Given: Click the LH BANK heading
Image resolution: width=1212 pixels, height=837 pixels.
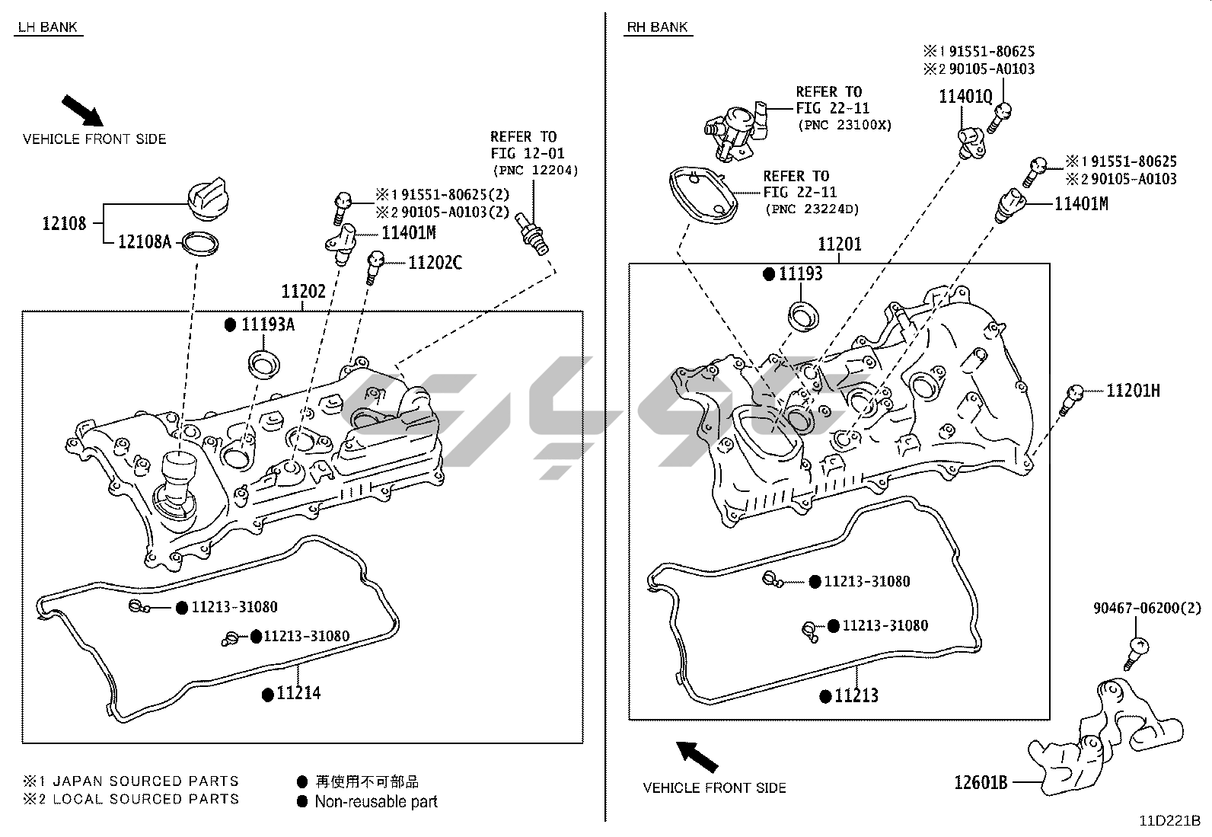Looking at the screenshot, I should coord(48,27).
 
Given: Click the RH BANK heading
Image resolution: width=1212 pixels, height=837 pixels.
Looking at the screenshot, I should coord(657,27).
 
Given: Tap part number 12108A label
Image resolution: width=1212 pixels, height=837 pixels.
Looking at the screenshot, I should coord(145,242).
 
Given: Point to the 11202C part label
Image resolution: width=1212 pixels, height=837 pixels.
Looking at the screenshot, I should coord(435,263).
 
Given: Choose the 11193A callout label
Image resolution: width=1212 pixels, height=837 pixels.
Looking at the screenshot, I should coord(267,324).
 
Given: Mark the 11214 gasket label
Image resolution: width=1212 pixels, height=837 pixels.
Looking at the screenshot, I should coord(298,693).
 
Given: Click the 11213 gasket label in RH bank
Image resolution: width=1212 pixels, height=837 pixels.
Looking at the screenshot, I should coord(856,695).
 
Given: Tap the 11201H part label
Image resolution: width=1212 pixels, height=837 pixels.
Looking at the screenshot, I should coord(1133,391).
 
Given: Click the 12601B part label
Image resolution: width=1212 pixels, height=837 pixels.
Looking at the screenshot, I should coord(981,782).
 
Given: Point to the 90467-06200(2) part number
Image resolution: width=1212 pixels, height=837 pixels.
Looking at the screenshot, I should coord(1147,608).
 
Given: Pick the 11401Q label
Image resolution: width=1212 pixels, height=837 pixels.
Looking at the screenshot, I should coord(965,96).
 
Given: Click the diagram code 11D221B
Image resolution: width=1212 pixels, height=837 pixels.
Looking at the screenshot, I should coord(1169,821).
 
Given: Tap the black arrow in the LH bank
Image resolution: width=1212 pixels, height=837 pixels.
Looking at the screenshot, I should coord(82,110).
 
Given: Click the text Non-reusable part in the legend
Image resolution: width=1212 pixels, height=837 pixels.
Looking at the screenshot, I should coord(376,801).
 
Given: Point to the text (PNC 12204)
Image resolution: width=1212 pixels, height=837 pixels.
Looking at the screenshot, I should coord(535,170).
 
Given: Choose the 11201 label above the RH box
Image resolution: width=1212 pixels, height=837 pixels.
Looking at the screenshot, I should coord(840,244).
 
